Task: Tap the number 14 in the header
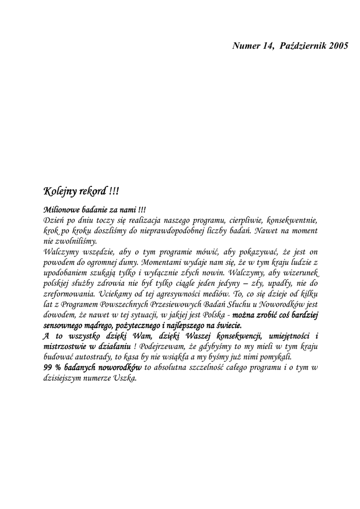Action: click(268, 46)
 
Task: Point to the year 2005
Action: click(338, 46)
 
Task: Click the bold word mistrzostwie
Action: click(64, 346)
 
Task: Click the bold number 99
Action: click(49, 367)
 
